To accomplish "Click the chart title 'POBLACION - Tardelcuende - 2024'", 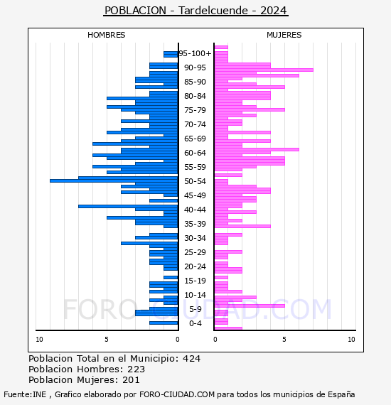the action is click(195, 11).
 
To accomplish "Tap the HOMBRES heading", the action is click(106, 35).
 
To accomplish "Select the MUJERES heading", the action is click(284, 35).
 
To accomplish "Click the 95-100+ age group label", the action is click(195, 53).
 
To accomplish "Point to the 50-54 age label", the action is click(195, 181).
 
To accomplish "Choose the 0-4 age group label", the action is click(195, 323).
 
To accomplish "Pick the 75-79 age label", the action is click(195, 110).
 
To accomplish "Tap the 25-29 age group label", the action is click(195, 252).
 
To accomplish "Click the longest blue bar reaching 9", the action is click(114, 180).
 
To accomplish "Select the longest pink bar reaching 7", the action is click(264, 70).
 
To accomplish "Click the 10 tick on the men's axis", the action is click(39, 340).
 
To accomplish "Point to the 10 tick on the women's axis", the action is click(351, 340).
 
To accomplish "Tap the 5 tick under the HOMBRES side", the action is click(107, 340).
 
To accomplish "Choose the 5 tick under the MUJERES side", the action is click(284, 340).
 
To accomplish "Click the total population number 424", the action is click(191, 359).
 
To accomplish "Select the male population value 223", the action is click(136, 369).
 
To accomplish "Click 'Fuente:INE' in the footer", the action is click(25, 394).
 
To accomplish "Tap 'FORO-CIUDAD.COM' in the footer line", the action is click(177, 394).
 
